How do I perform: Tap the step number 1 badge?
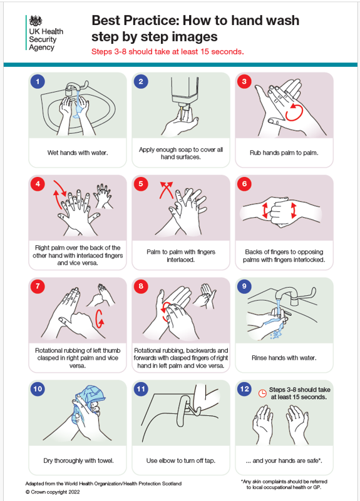(x=39, y=81)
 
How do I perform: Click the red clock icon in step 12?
(x=262, y=393)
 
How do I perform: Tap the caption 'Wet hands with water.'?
(x=78, y=152)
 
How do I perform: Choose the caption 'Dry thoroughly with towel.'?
(x=78, y=460)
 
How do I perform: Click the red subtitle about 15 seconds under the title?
(x=167, y=51)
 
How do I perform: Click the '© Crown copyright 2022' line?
(x=53, y=492)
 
